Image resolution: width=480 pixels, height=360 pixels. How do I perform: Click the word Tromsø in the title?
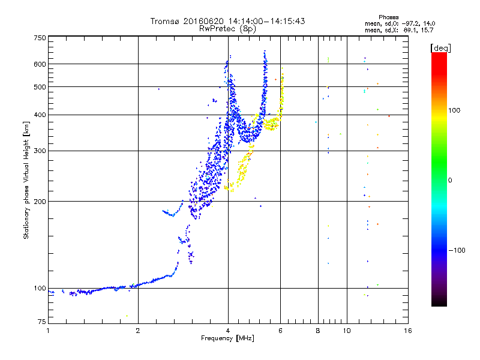166,21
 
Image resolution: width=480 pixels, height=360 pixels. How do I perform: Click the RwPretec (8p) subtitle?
227,29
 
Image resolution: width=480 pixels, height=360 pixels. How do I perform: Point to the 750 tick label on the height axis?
40,38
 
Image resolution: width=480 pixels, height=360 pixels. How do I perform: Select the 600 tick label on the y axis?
40,64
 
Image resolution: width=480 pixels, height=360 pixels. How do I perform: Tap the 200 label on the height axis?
40,202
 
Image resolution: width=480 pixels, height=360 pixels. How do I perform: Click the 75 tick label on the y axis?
42,322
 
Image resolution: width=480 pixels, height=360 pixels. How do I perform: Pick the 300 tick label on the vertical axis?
40,151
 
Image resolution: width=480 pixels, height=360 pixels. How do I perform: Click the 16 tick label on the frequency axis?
408,331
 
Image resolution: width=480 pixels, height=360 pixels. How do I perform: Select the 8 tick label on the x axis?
318,331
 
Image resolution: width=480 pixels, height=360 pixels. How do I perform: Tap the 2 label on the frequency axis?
138,331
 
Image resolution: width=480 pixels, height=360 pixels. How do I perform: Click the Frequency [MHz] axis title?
227,338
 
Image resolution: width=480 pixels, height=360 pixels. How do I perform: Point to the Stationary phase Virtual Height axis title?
26,180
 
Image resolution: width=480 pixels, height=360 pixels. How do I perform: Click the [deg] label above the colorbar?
440,48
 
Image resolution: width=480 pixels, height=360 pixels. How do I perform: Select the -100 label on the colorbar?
457,250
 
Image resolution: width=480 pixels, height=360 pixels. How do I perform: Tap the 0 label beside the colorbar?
450,181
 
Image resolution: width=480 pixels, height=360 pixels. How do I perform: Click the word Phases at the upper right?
389,17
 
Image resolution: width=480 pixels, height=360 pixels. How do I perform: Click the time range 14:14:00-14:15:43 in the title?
266,21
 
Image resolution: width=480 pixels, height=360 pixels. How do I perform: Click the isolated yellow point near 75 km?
127,316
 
